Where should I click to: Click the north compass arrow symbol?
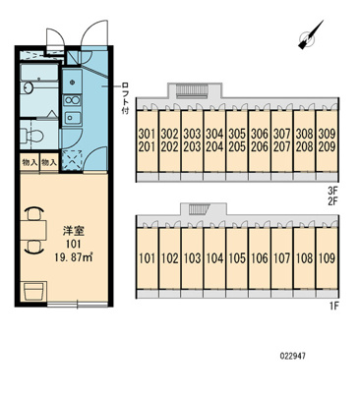click(310, 35)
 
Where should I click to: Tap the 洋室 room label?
click(74, 231)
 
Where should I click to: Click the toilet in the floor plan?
click(31, 136)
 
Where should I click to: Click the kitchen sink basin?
click(73, 118)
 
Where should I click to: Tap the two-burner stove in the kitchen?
click(73, 100)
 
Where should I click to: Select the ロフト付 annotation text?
click(125, 98)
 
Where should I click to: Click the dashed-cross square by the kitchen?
click(73, 160)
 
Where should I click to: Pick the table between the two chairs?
click(33, 231)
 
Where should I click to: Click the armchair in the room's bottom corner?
click(33, 291)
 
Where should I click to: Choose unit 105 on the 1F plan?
click(237, 258)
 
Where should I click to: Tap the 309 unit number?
click(327, 134)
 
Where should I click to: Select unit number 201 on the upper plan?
click(147, 147)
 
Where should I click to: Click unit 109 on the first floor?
click(327, 258)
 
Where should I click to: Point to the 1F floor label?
click(333, 307)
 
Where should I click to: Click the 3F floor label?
click(332, 190)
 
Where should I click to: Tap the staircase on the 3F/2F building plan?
click(193, 90)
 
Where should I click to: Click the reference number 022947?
click(293, 356)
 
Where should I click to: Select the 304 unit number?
click(214, 134)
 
